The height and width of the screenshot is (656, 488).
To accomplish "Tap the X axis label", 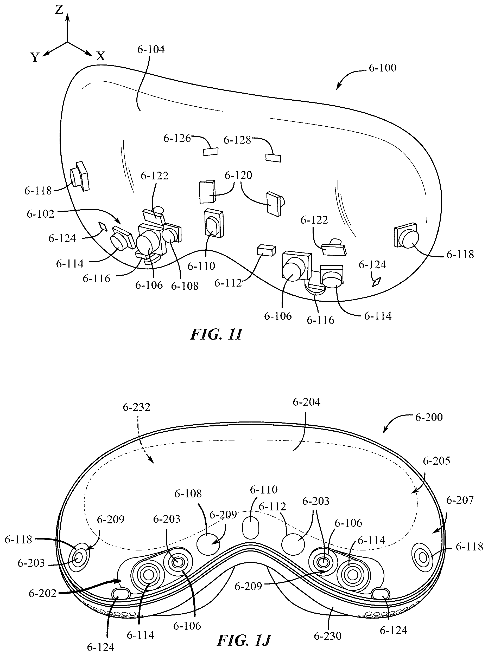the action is point(101,56).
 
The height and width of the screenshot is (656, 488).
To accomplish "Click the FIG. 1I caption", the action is point(216,335).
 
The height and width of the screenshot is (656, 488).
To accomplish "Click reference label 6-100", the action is point(383,68).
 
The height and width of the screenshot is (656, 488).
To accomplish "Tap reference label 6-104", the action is point(151,50).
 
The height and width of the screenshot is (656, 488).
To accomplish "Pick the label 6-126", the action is point(177,138).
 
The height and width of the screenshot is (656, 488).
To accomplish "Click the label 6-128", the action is point(237,140).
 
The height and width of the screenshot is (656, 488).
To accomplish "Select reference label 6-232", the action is point(136,407).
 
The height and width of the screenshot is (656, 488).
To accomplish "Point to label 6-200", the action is point(429,417).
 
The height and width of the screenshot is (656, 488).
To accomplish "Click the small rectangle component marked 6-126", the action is point(211,151).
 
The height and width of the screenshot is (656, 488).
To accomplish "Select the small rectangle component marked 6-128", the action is point(273,158).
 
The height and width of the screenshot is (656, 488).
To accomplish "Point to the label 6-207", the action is point(460,500).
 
